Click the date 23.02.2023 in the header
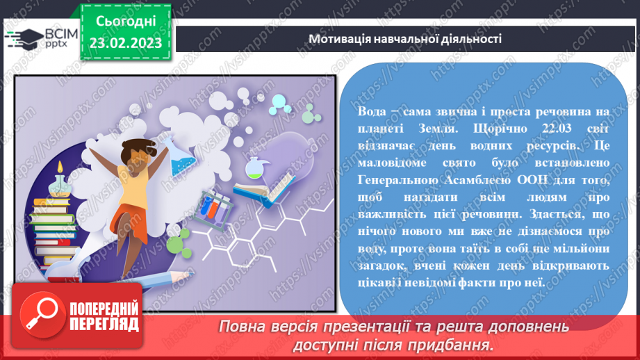(x=125, y=43)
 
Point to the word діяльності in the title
(x=470, y=39)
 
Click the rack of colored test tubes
(x=213, y=206)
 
